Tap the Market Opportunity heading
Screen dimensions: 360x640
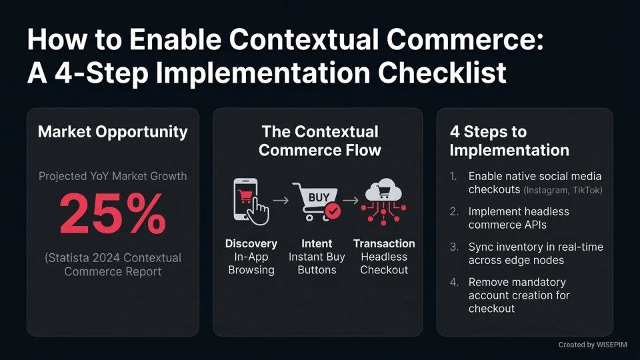(x=113, y=131)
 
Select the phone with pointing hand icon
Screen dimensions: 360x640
(x=250, y=199)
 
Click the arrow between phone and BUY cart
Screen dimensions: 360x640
(x=282, y=200)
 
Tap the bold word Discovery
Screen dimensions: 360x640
(x=251, y=243)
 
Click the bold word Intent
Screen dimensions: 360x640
(x=317, y=243)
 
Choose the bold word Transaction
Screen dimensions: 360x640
(x=384, y=243)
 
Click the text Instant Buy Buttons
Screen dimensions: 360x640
(x=317, y=263)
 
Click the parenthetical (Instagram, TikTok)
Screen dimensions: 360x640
(x=563, y=191)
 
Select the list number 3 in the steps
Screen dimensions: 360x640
(x=453, y=247)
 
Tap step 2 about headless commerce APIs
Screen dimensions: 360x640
(x=519, y=218)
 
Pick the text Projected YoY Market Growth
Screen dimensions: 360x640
(x=113, y=177)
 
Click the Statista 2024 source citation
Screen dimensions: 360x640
(x=113, y=265)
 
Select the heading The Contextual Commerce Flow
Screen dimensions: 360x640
(x=319, y=141)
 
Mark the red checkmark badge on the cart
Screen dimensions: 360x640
(x=333, y=211)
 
